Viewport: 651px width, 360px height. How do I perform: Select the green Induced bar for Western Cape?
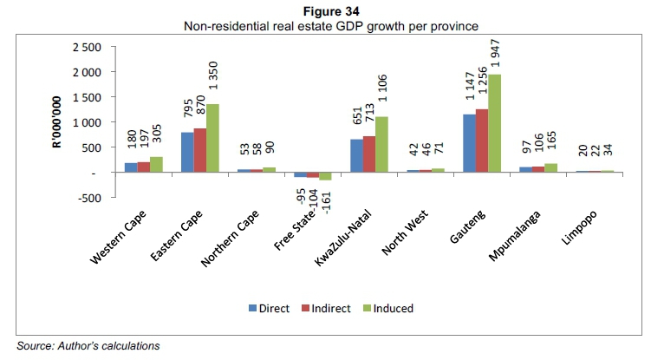coord(155,165)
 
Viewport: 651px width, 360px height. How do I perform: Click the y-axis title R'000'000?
coord(55,122)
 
